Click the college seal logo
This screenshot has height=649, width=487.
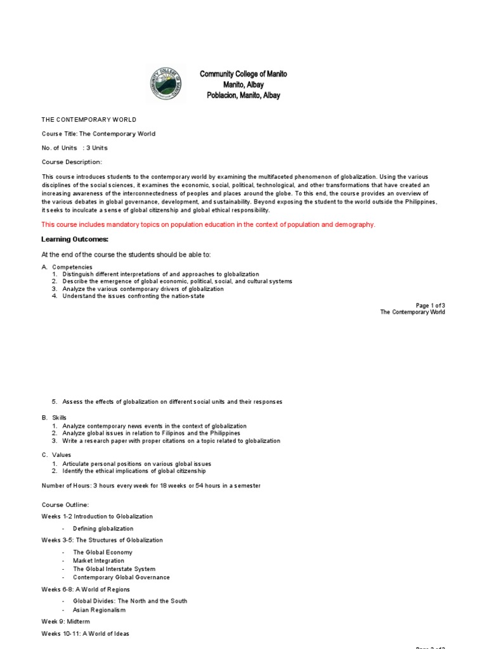point(167,84)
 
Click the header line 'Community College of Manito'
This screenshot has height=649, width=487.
point(243,74)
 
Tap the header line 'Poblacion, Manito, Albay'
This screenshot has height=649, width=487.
point(243,96)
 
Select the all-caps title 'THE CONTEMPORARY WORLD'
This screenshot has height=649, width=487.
point(89,119)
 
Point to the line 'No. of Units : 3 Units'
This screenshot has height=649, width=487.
point(75,148)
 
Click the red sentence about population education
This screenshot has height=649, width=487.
point(208,224)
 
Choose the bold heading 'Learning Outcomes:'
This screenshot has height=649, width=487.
point(75,239)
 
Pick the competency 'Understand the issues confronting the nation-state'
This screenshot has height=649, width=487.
point(134,296)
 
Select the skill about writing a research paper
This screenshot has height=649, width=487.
point(171,440)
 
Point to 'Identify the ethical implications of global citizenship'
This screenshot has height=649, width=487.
point(134,471)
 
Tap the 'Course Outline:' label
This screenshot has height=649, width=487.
point(65,505)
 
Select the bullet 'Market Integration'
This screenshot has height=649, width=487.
point(98,561)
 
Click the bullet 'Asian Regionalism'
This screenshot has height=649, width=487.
point(99,610)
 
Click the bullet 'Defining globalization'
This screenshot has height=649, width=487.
point(103,529)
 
